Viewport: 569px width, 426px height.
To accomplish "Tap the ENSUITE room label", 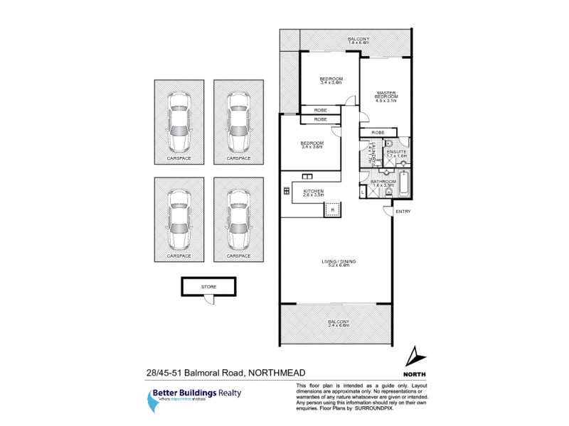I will pos(395,152).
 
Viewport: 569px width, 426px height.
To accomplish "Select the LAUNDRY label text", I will pos(372,153).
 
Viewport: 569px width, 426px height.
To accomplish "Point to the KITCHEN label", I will pos(314,192).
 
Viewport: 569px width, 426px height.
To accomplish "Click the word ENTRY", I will pos(403,212).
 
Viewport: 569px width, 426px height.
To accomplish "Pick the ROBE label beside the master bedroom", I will pos(378,133).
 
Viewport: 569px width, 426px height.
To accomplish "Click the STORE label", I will pos(208,286).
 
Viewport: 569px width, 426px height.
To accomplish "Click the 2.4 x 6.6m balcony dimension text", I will pos(337,325).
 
